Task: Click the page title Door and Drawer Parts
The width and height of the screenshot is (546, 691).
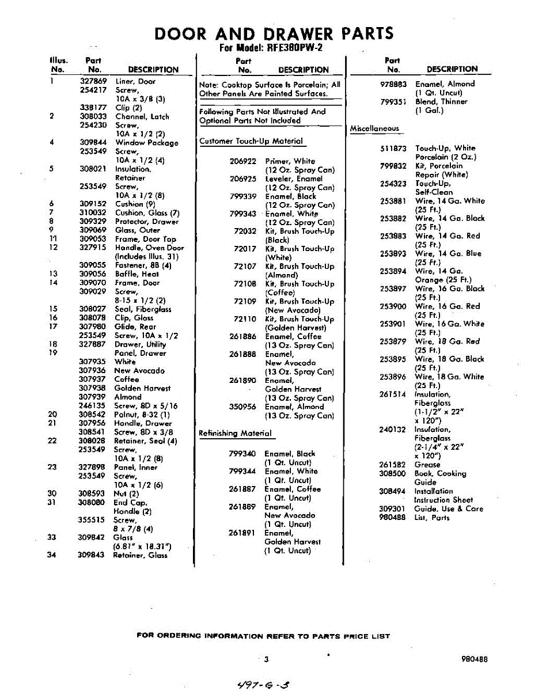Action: [274, 33]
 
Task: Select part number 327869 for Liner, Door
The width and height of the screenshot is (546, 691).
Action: [93, 81]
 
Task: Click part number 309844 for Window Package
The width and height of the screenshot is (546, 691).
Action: [93, 143]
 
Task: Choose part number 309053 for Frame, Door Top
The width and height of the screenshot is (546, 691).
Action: [93, 239]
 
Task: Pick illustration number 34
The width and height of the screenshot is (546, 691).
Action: [52, 555]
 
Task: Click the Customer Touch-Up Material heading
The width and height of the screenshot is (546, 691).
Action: [251, 141]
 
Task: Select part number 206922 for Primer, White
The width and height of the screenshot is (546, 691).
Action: [242, 161]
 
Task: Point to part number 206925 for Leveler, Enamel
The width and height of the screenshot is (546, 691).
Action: [242, 179]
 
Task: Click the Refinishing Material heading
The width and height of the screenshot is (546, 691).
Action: [234, 433]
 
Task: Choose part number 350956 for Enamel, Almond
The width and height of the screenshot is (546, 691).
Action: [242, 407]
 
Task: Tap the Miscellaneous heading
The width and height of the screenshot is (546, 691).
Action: [374, 128]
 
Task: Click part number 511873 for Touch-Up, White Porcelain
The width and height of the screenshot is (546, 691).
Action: [393, 148]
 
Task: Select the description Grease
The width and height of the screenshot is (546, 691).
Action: [427, 465]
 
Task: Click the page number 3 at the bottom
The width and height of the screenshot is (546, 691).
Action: [267, 660]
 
